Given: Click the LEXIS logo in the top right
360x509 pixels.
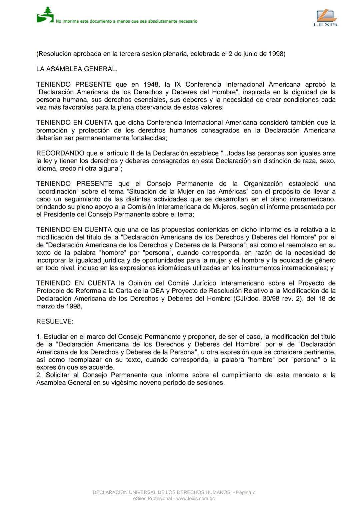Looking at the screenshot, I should click(326, 18).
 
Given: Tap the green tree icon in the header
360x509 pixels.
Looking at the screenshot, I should click(45, 15).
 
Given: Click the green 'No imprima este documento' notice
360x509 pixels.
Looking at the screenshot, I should click(126, 21).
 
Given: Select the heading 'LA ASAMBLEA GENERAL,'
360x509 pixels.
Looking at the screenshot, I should click(77, 69).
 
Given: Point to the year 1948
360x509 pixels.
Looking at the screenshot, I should click(152, 84).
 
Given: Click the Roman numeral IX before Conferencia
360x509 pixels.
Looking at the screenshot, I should click(178, 84).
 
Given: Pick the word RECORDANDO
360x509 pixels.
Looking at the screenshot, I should click(60, 153).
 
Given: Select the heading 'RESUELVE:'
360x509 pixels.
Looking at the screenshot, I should click(55, 321).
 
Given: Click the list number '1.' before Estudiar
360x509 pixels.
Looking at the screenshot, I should click(39, 337).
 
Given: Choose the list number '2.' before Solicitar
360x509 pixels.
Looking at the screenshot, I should click(39, 375).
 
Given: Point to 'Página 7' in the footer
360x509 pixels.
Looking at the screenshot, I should click(245, 492).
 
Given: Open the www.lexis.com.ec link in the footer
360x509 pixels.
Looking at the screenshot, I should click(195, 499).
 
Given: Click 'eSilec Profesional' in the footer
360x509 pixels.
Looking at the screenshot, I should click(152, 499).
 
